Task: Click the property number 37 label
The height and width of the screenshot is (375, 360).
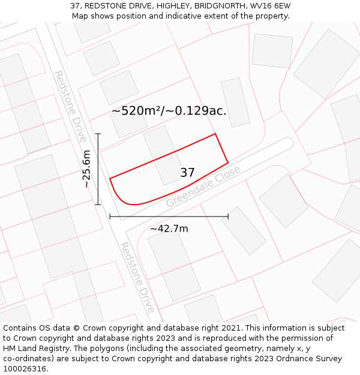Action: click(187, 173)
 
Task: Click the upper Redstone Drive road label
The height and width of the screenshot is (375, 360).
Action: click(71, 106)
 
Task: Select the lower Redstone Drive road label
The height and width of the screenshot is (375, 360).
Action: click(138, 277)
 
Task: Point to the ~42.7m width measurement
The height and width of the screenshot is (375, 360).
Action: click(169, 229)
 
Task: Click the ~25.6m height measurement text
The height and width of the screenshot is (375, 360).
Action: click(86, 169)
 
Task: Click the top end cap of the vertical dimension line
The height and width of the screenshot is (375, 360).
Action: click(98, 134)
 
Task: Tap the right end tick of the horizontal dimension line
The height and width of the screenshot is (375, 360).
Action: click(228, 216)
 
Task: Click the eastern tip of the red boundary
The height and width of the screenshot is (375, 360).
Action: click(228, 162)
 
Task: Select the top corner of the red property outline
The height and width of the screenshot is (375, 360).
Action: click(215, 134)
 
